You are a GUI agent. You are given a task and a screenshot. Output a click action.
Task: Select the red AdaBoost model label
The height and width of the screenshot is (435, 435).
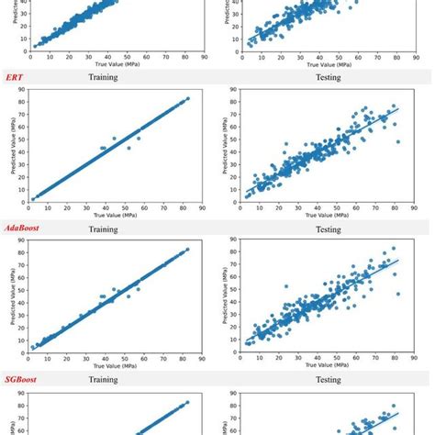point(26,227)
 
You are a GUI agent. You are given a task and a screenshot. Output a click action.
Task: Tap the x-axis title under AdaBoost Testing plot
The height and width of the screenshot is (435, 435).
point(328,366)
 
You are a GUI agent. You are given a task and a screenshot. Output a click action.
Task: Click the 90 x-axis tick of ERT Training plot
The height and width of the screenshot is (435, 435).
point(206,208)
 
